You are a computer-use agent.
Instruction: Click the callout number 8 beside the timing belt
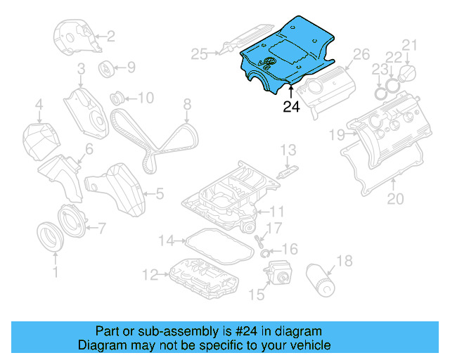click(x=187, y=105)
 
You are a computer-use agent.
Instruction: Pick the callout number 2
click(x=110, y=36)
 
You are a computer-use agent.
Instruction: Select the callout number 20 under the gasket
click(x=396, y=199)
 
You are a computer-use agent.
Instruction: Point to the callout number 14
click(x=165, y=241)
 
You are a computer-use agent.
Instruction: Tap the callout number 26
click(x=360, y=54)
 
